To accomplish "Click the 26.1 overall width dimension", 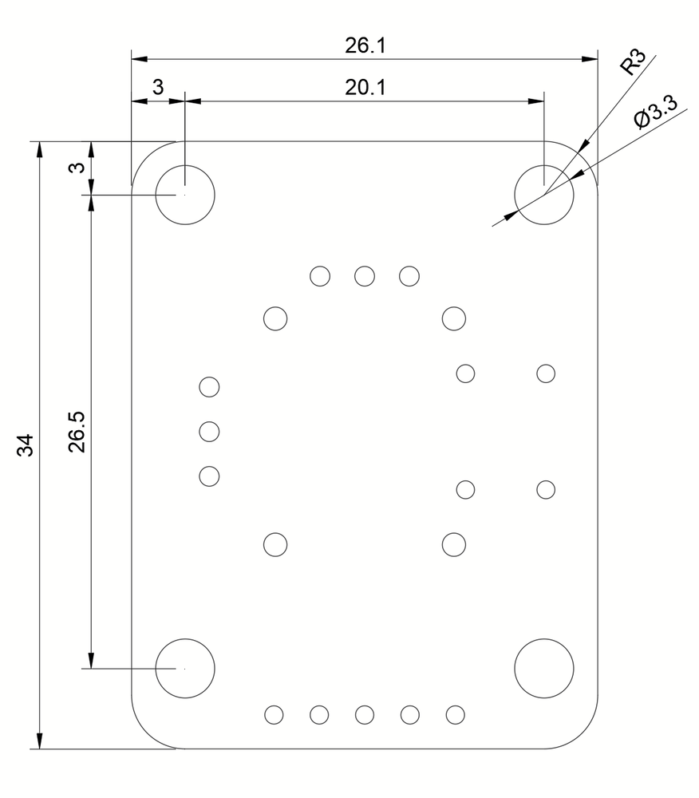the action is click(365, 45).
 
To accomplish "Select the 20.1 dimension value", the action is click(365, 88).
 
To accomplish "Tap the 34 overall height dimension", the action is click(26, 444).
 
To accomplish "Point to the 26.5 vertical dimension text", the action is click(77, 432).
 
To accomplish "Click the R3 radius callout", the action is click(633, 62).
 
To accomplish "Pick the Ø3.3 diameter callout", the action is click(656, 113).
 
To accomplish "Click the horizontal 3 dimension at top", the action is click(158, 88).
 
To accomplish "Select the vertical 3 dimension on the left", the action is click(77, 167).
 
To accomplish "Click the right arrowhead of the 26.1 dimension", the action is click(590, 59).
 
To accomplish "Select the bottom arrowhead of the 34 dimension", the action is click(40, 741).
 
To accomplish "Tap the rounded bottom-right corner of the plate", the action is click(582, 733).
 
